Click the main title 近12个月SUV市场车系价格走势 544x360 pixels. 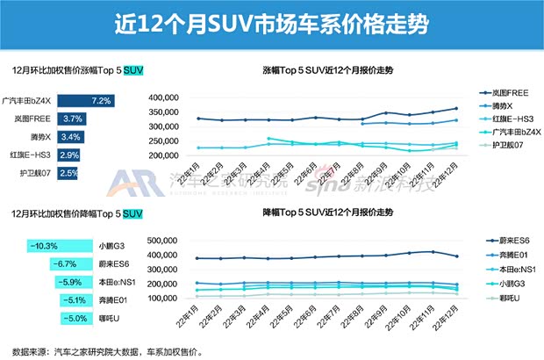(272, 24)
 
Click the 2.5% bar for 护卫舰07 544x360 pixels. (67, 173)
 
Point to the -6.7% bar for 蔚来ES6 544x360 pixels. (75, 263)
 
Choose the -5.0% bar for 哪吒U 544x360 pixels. (83, 319)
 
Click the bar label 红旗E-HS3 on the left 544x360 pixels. (29, 155)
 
